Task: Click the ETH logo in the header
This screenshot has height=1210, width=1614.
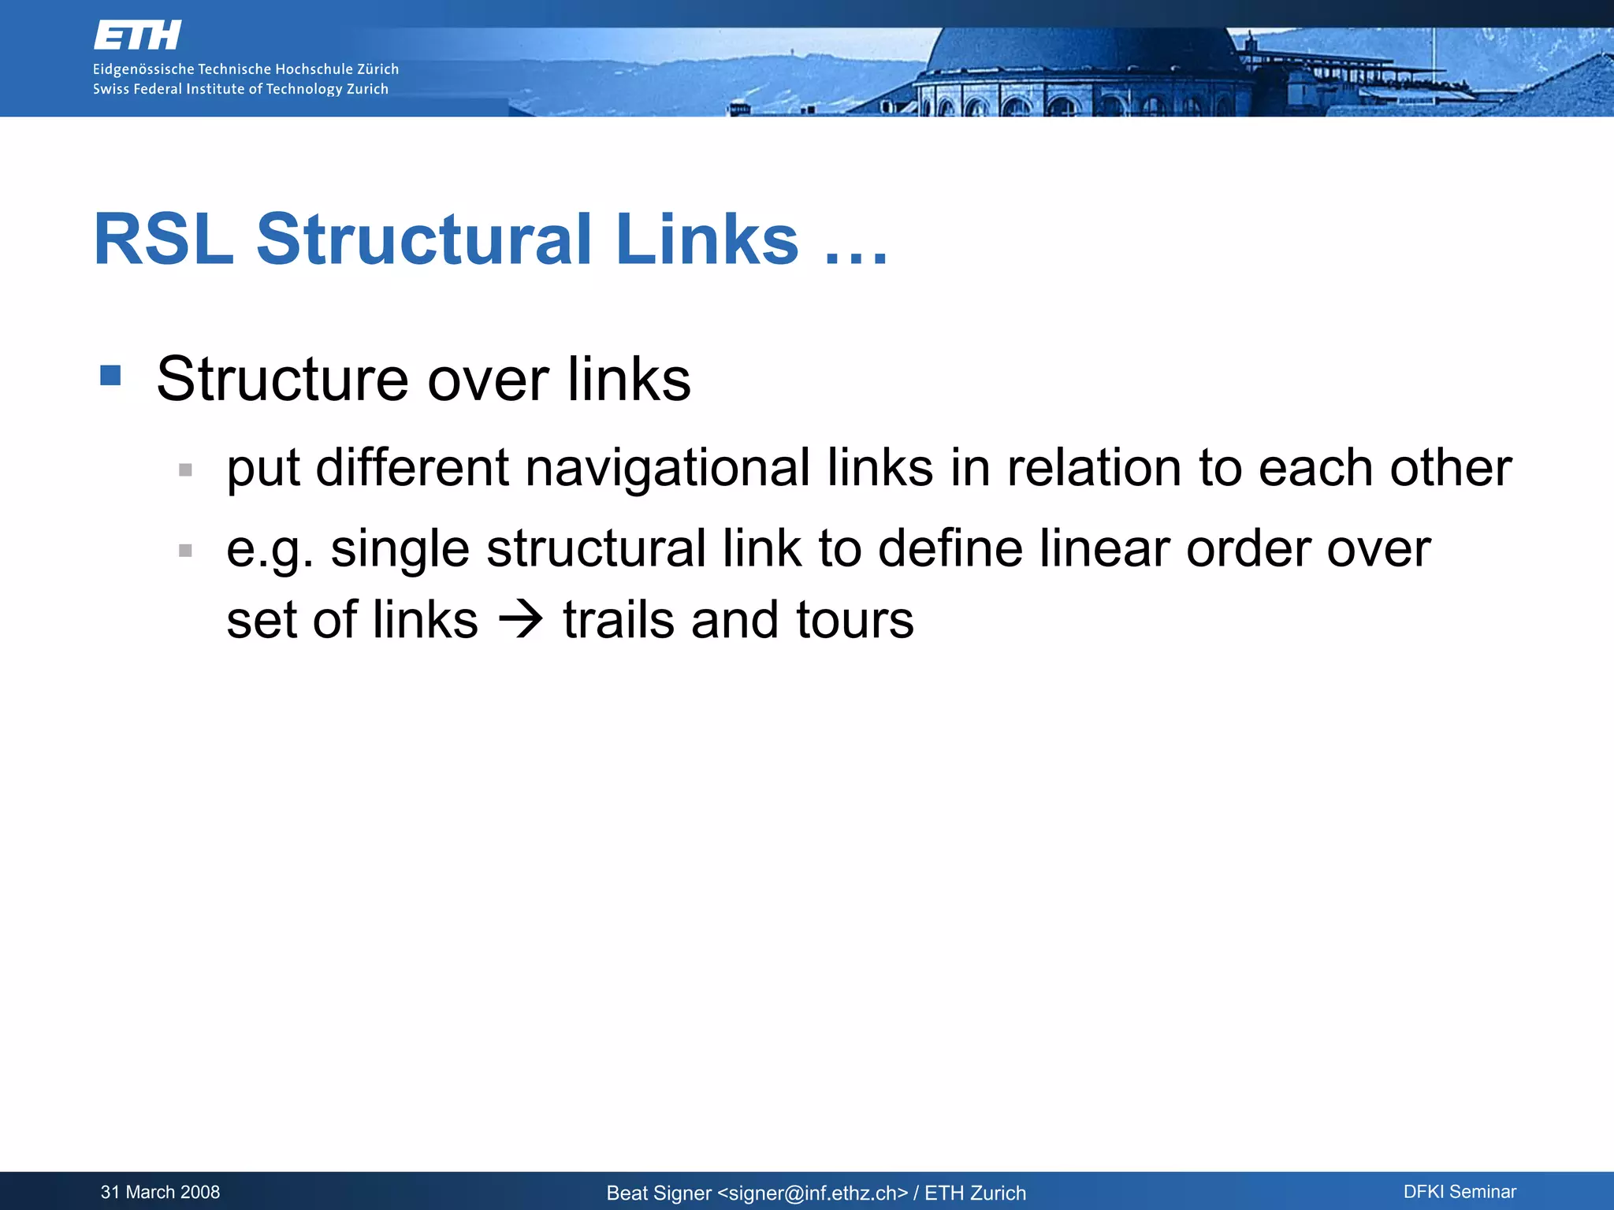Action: coord(138,35)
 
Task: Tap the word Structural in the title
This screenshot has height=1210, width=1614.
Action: coord(424,239)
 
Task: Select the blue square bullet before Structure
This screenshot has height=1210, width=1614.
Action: coord(111,375)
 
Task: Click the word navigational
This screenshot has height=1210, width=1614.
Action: coord(668,468)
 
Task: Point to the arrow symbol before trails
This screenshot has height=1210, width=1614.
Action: coord(521,619)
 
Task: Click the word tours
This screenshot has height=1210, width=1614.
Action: coord(854,619)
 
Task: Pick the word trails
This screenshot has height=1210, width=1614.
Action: coord(618,619)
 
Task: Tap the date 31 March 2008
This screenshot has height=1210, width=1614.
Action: coord(160,1192)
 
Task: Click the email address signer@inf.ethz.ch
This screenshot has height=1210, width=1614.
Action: coord(813,1193)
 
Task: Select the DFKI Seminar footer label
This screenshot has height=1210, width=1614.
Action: coord(1460,1192)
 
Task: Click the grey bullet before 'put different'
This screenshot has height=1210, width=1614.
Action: coord(186,470)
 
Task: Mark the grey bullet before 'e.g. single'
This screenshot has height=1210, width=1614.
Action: coord(186,551)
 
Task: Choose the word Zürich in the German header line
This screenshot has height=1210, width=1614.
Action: coord(377,69)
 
